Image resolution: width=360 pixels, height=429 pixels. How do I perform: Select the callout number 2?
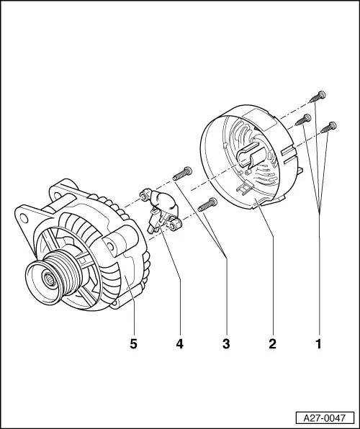(272, 343)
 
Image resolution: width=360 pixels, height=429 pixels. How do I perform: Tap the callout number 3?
(226, 343)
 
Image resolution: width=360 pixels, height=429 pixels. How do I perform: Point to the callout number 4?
(179, 343)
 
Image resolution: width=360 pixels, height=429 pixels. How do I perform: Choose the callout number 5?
(133, 343)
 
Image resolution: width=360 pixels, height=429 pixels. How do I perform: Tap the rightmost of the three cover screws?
(330, 127)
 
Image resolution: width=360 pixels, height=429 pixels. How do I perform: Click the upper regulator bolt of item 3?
(181, 173)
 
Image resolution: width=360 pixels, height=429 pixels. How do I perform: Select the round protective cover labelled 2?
(248, 166)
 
